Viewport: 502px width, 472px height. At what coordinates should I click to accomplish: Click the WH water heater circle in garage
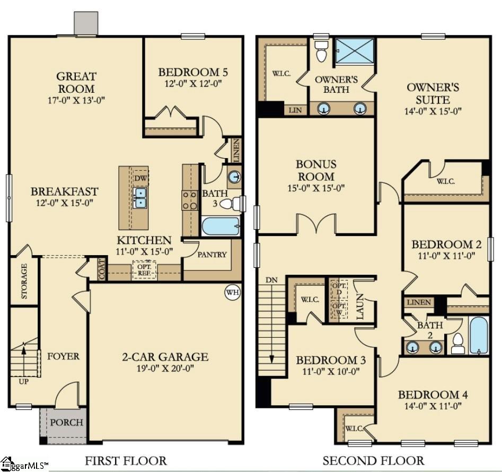pos(232,292)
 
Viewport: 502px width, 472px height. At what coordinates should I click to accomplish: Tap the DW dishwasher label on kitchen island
pos(140,178)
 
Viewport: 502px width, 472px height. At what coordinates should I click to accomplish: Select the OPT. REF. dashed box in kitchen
pos(144,270)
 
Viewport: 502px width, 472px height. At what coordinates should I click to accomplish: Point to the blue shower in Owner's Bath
pos(355,51)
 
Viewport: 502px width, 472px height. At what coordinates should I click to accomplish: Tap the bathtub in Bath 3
pos(221,226)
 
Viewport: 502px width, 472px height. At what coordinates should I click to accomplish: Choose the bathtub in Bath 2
pos(478,335)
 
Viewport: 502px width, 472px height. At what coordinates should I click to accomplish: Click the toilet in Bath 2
pos(458,344)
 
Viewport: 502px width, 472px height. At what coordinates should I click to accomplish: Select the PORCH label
pos(67,422)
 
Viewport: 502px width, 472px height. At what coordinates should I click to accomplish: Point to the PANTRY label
pos(212,255)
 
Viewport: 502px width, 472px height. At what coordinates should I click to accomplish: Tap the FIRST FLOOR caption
pos(126,460)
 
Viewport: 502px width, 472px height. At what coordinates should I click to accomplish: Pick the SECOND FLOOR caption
pos(373,460)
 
